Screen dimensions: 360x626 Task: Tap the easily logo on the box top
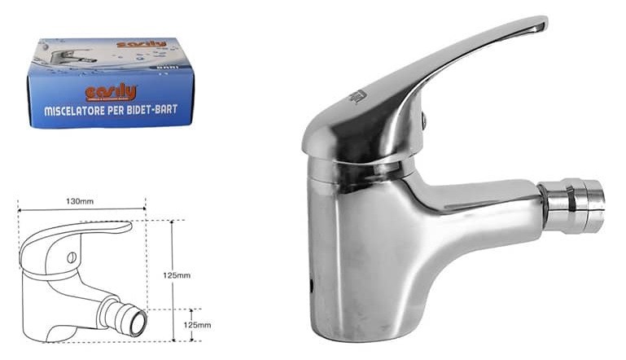point(142,44)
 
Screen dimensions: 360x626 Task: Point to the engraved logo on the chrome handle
point(356,97)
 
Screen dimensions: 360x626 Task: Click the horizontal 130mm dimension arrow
point(81,209)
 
